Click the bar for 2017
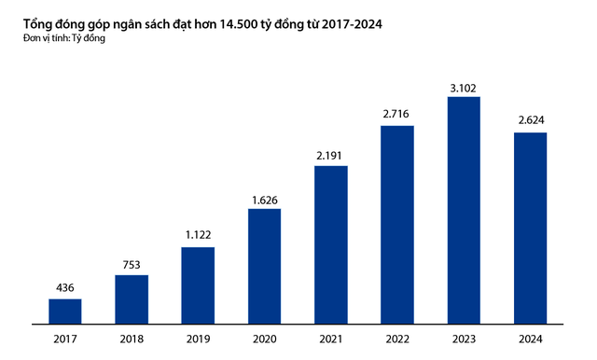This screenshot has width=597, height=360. pyautogui.click(x=64, y=312)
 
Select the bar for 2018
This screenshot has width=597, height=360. pyautogui.click(x=132, y=300)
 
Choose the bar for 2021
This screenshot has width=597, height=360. pyautogui.click(x=331, y=245)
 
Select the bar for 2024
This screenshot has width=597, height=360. pyautogui.click(x=530, y=228)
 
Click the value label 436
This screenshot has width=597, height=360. pyautogui.click(x=64, y=288)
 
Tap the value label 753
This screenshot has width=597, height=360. pyautogui.click(x=132, y=264)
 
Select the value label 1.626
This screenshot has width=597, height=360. pyautogui.click(x=264, y=199)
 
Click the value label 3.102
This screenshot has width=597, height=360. pyautogui.click(x=464, y=88)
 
